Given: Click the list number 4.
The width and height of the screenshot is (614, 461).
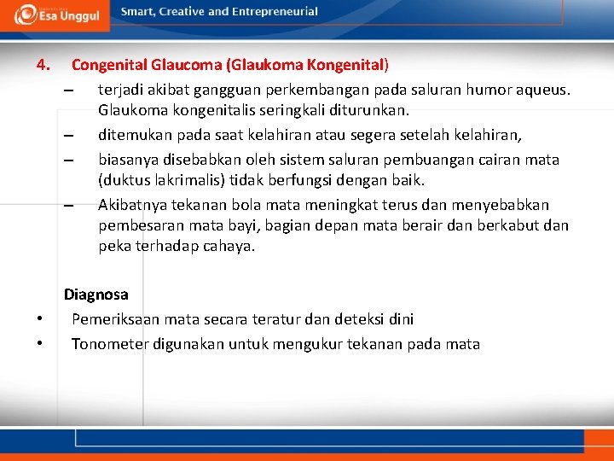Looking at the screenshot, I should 43,64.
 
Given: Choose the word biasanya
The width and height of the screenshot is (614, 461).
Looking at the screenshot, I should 129,160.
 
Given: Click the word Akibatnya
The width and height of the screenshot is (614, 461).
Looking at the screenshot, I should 134,205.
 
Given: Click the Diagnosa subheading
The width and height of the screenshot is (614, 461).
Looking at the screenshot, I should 96,295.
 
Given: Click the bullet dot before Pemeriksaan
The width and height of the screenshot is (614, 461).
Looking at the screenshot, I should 40,319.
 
